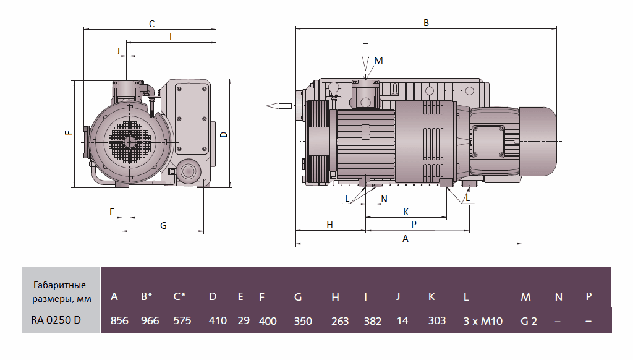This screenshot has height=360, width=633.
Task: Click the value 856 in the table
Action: coord(119,320)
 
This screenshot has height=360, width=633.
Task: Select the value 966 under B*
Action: coord(150,320)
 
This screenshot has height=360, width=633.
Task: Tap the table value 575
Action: coord(182,320)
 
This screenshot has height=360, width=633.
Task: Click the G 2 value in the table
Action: coord(528,320)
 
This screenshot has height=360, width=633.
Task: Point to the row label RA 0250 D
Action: coord(56,320)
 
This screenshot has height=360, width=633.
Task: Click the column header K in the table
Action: coord(431,296)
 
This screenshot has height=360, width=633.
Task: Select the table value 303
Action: coord(437,320)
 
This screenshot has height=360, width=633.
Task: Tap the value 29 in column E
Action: coord(244,320)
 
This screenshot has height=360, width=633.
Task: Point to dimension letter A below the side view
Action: coord(406,238)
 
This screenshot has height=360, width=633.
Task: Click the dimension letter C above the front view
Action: coord(151,24)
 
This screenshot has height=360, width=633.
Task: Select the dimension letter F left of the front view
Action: coord(68,132)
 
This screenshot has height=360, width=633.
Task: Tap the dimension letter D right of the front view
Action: coord(224,134)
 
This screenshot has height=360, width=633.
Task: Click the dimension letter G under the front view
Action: coord(163,226)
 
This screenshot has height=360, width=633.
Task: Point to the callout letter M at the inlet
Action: coord(379,60)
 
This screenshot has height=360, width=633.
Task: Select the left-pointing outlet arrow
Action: coord(279,105)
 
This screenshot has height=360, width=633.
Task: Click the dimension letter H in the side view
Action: coord(329,225)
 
